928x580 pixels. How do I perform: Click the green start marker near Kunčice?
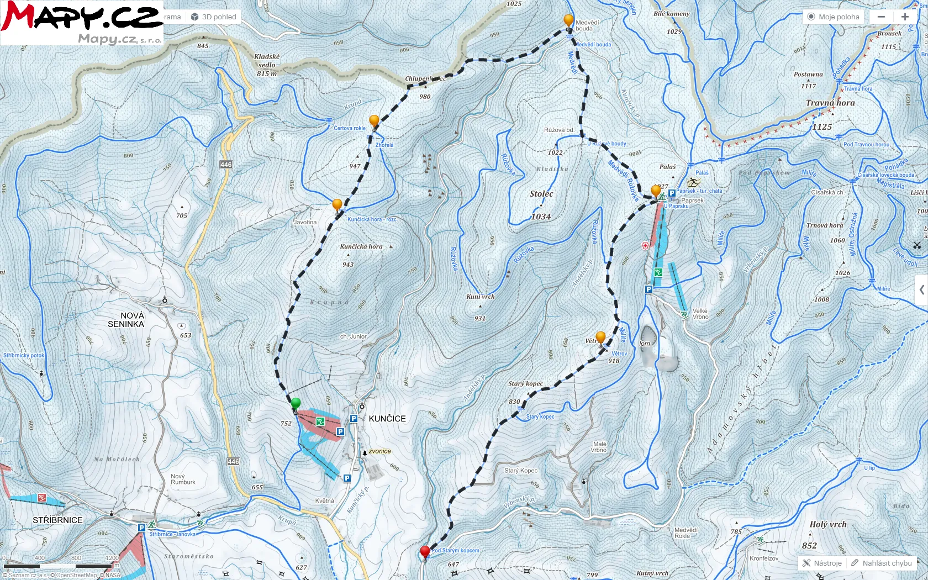click(x=296, y=404)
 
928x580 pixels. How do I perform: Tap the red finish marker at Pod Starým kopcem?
click(x=425, y=551)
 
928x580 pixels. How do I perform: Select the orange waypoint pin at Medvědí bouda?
click(x=568, y=21)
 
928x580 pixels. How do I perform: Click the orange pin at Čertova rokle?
click(x=374, y=121)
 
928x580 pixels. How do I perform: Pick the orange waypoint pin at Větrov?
click(x=600, y=337)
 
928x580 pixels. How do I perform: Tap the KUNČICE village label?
click(x=387, y=419)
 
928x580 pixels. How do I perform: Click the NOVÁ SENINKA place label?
click(x=126, y=320)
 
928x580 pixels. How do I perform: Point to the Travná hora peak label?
click(x=830, y=103)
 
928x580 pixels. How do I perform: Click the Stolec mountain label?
click(x=541, y=194)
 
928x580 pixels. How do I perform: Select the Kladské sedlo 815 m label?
click(x=267, y=65)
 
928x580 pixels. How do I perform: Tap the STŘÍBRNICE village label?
click(x=57, y=520)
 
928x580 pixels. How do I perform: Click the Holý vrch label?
click(x=827, y=525)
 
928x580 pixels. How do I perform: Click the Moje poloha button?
click(x=834, y=17)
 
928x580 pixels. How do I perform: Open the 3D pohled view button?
click(x=214, y=17)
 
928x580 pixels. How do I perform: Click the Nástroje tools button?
click(x=822, y=563)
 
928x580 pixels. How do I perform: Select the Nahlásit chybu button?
click(x=882, y=563)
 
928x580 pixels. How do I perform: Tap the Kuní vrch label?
click(x=481, y=297)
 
